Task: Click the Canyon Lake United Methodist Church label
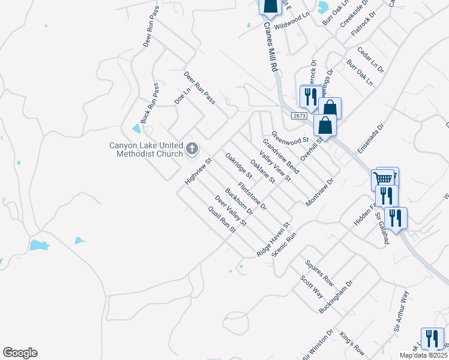click(146, 149)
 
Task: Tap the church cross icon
click(192, 148)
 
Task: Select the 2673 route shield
click(300, 115)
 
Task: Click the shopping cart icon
click(382, 178)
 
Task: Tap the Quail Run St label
click(220, 220)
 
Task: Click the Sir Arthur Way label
click(401, 311)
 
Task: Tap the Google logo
click(20, 353)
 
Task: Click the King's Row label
click(352, 343)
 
